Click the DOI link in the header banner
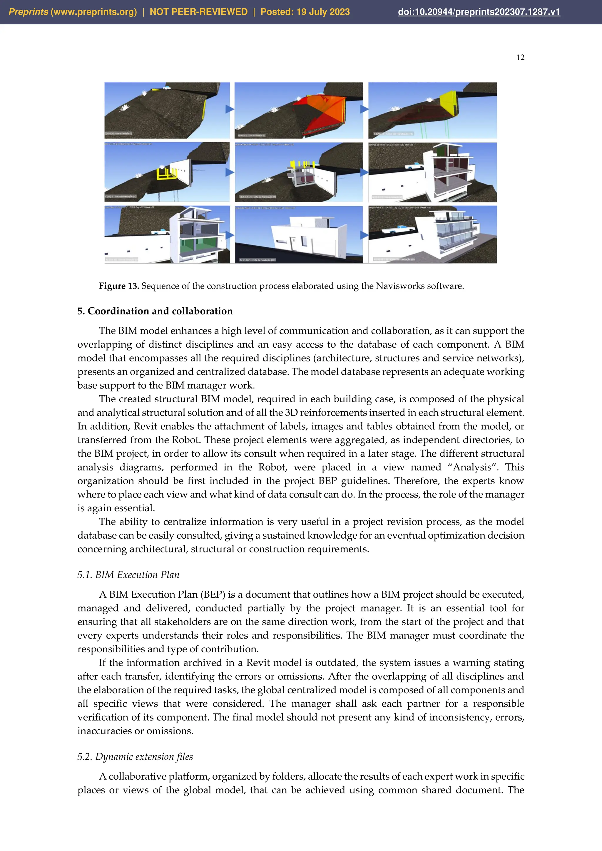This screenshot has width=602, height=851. click(479, 12)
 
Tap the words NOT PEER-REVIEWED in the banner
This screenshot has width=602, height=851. click(198, 12)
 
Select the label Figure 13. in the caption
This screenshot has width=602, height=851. click(119, 286)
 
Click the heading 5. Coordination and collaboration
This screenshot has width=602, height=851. click(155, 311)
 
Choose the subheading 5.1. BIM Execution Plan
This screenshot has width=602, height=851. click(128, 574)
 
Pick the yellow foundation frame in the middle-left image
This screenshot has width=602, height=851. click(167, 173)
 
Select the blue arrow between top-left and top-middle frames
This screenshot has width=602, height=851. click(230, 109)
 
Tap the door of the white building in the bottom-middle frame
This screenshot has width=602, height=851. click(304, 242)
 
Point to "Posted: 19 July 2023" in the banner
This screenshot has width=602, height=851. click(305, 12)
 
